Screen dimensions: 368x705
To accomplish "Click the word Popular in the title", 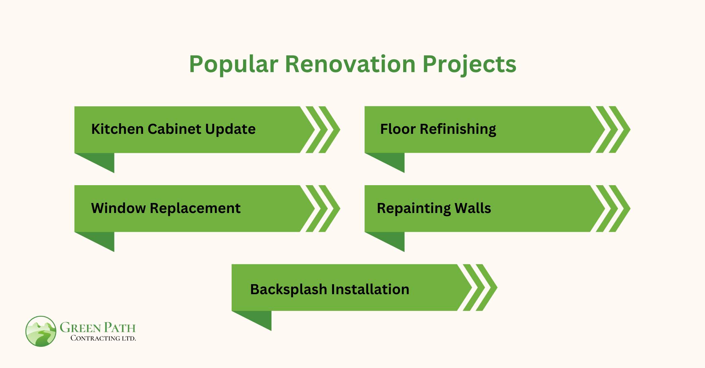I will pos(233,64).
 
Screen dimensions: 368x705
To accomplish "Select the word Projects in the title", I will pos(469,64).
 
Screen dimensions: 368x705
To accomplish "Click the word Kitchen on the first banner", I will pos(117,129).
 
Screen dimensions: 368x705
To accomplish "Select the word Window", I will pos(118,208).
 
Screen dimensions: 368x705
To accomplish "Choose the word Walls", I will pos(473,208).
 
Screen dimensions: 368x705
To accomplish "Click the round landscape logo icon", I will pos(41,331).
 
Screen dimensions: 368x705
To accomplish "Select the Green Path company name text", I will pos(98,327).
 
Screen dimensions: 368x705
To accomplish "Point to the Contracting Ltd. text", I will pos(103,338).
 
